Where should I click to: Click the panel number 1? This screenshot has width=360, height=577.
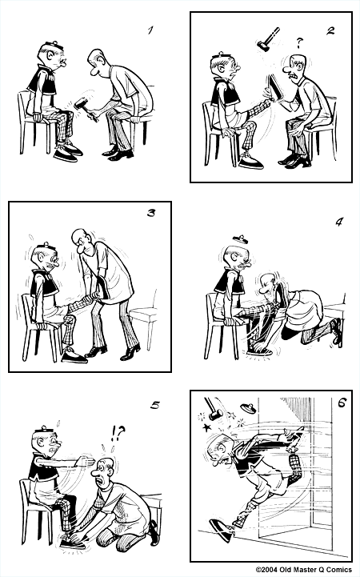[150, 31]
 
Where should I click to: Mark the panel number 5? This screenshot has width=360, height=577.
[155, 405]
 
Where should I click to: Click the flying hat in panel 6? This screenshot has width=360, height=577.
[247, 407]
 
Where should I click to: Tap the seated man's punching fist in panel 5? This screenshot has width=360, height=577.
[87, 462]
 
